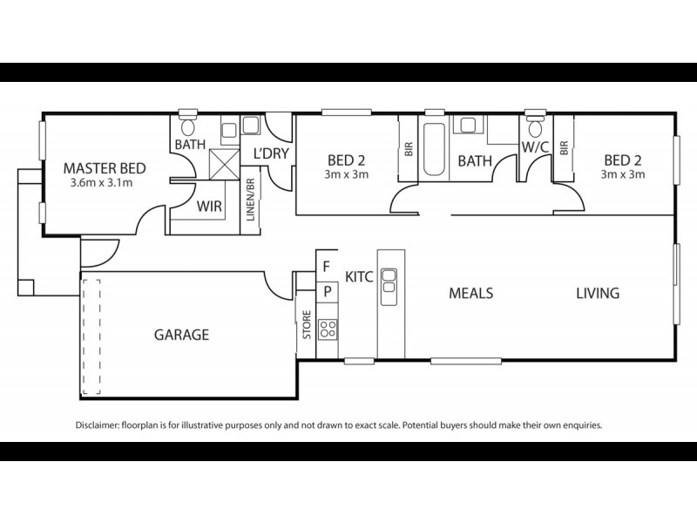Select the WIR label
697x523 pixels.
(x=207, y=207)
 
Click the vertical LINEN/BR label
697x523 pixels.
(x=250, y=200)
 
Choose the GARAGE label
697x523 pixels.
(x=181, y=334)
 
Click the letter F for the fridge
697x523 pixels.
(x=326, y=266)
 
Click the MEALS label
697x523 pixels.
(x=470, y=293)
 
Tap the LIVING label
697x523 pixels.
(x=597, y=293)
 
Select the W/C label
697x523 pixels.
(x=534, y=146)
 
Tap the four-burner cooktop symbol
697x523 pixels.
(x=328, y=329)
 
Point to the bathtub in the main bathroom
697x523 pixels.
(x=433, y=149)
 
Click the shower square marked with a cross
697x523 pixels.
(x=223, y=161)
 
